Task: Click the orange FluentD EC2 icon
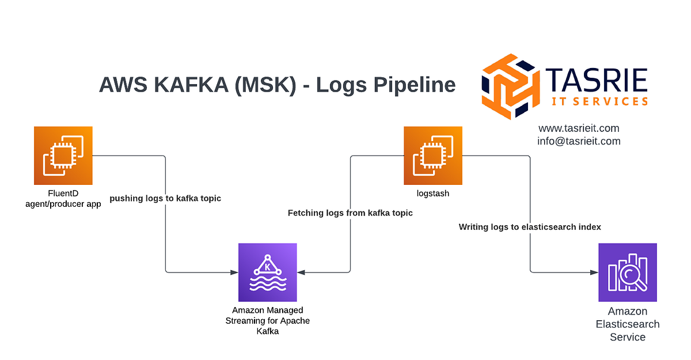coord(63,155)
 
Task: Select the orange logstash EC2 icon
coord(432,155)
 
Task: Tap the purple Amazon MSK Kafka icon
coord(267,272)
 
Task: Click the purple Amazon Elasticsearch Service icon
coord(627,272)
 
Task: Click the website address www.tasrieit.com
coord(579,128)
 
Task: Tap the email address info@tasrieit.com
coord(579,141)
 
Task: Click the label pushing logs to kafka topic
coord(165,198)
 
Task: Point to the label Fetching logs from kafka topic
coord(350,213)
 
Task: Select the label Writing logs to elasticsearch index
coord(530,227)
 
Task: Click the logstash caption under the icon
coord(433,194)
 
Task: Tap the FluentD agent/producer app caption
coord(63,199)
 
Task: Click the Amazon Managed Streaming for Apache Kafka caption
coord(267,321)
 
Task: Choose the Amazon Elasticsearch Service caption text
coord(627,324)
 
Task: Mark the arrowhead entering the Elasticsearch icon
coord(594,272)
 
